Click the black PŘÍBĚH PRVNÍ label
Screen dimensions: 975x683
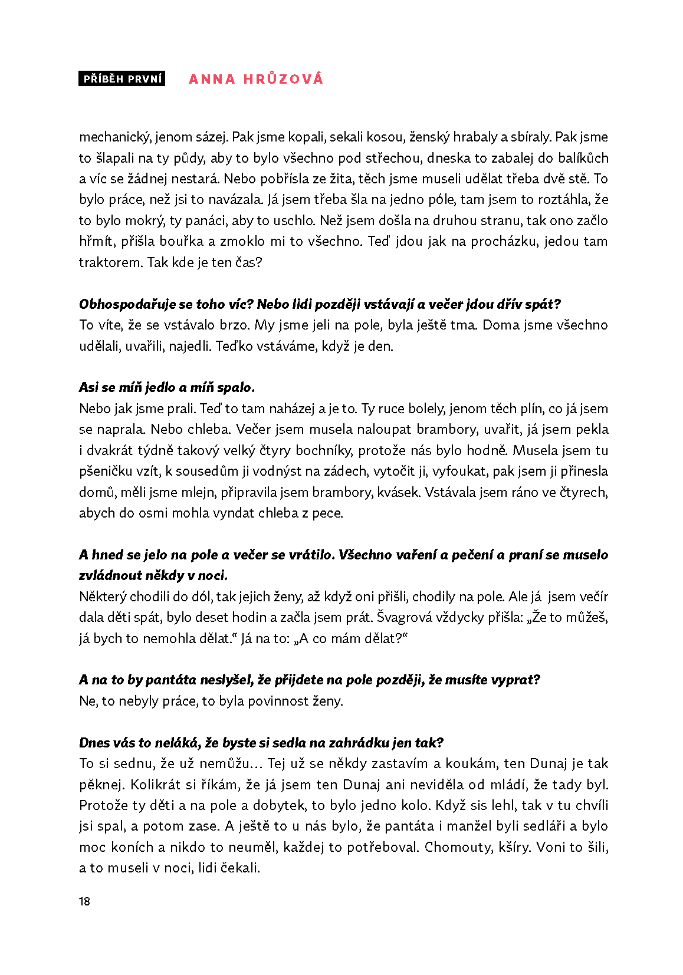pos(122,79)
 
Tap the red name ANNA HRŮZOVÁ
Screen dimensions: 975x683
pos(256,79)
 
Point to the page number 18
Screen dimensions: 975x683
pos(84,901)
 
